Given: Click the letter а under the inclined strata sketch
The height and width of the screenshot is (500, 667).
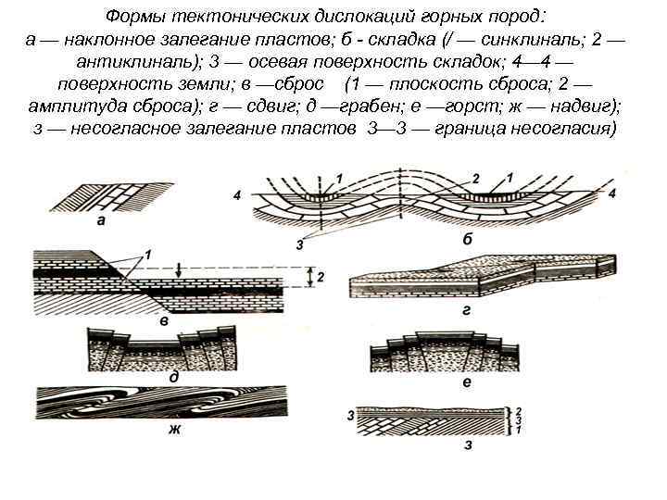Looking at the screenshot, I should (x=99, y=222).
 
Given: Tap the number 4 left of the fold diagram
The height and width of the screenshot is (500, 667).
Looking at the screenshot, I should (x=239, y=195).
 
